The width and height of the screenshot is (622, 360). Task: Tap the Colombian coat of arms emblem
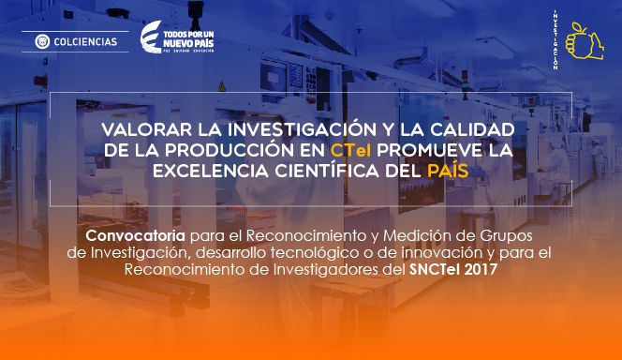click(x=41, y=41)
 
